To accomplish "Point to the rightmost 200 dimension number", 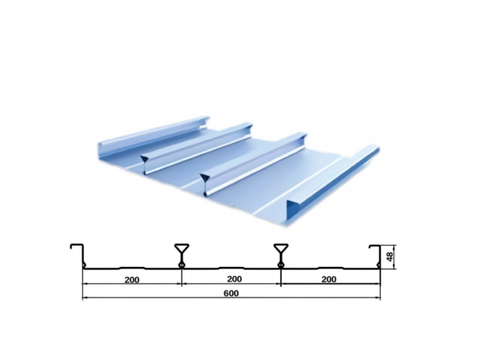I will pyautogui.click(x=329, y=279).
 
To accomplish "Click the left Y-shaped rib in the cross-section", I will pyautogui.click(x=182, y=252).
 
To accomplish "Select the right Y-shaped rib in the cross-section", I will pyautogui.click(x=281, y=252).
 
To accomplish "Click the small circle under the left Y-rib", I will pyautogui.click(x=182, y=265).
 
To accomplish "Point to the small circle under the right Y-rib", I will pyautogui.click(x=281, y=265).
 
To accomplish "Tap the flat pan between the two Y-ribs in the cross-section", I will pyautogui.click(x=231, y=268).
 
